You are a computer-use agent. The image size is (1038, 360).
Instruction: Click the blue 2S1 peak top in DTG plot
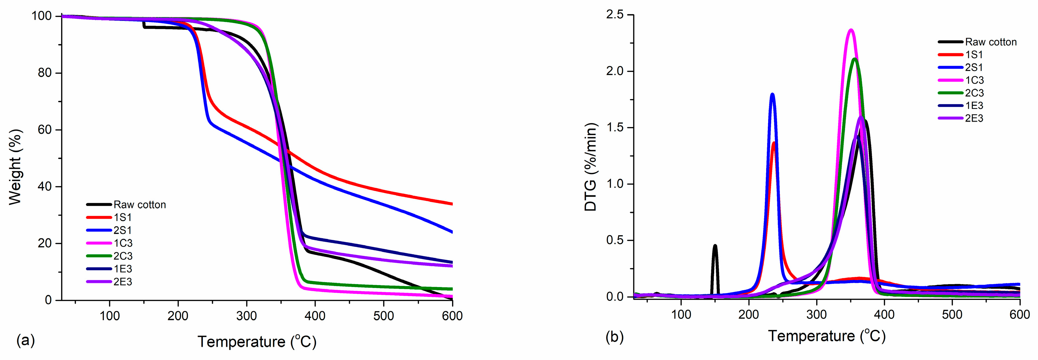[x=772, y=94]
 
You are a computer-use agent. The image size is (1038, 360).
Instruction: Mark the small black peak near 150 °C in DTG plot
[x=715, y=245]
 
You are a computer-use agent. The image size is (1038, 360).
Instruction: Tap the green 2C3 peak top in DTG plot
[x=854, y=59]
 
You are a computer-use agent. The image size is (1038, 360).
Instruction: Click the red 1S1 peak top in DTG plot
[x=774, y=143]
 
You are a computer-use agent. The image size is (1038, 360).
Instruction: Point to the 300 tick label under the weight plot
[x=246, y=316]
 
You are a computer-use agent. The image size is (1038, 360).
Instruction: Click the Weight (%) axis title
[x=15, y=167]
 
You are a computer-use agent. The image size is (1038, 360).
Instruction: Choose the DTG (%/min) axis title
[x=591, y=167]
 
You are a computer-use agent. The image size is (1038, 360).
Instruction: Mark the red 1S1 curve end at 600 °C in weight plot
[x=451, y=204]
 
